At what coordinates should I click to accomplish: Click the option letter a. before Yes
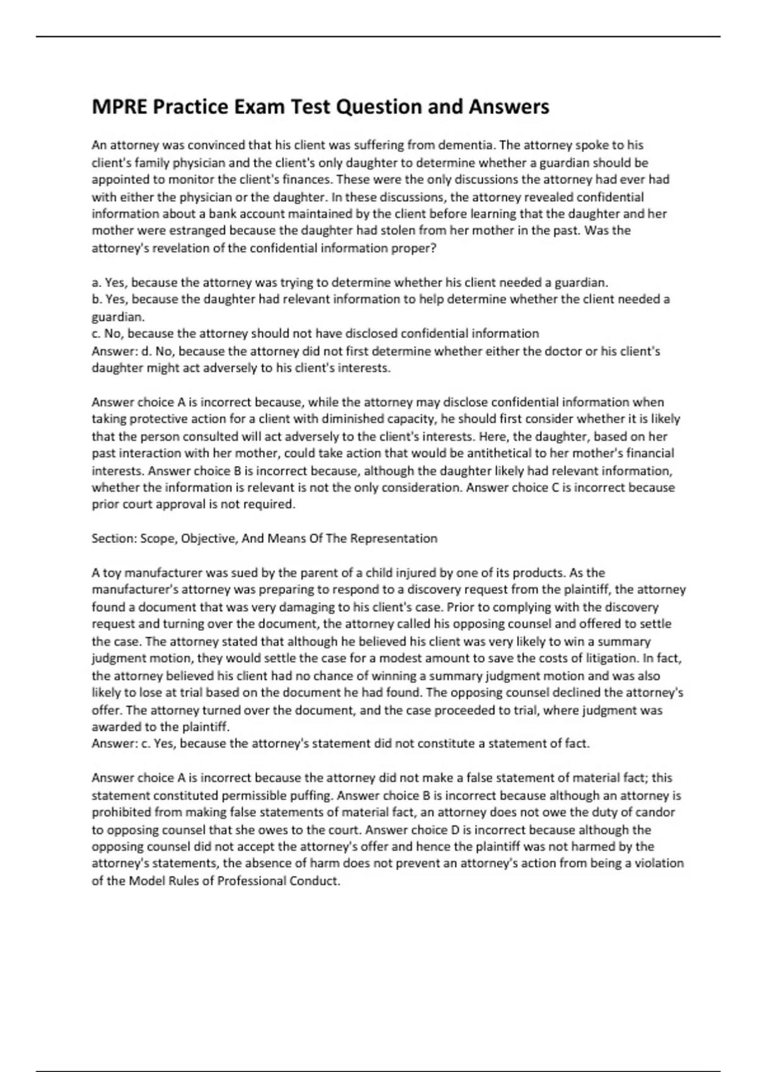(97, 283)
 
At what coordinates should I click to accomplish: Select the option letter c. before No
(97, 334)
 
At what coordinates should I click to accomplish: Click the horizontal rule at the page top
(378, 37)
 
